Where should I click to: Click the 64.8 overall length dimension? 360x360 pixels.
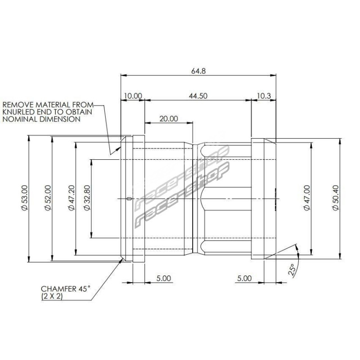click(x=198, y=71)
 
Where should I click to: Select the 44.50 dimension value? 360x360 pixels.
click(x=198, y=96)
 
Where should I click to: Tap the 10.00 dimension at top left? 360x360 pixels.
click(x=133, y=96)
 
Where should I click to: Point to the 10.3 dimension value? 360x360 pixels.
click(x=264, y=96)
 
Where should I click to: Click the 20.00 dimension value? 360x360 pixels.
click(x=169, y=119)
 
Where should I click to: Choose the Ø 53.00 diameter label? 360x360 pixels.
click(x=24, y=198)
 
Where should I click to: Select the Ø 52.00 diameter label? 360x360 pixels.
click(x=48, y=198)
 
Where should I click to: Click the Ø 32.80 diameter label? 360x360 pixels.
click(x=87, y=198)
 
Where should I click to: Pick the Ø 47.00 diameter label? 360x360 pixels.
click(x=307, y=198)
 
